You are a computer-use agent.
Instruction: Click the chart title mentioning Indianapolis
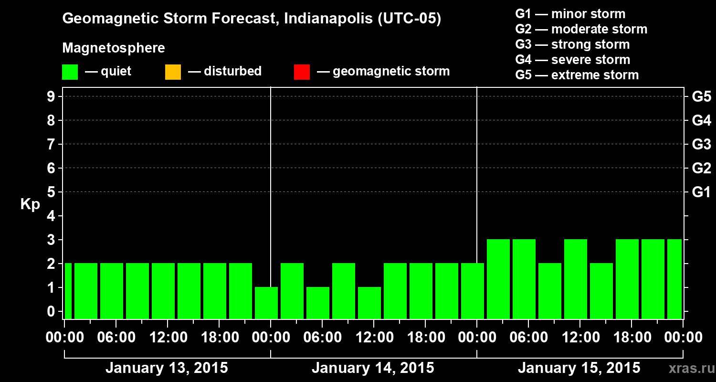pyautogui.click(x=252, y=19)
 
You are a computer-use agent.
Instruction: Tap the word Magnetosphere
pyautogui.click(x=114, y=48)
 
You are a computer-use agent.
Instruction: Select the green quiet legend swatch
pyautogui.click(x=70, y=72)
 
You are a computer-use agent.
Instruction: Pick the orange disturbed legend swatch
pyautogui.click(x=173, y=72)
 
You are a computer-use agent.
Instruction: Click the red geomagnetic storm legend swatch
pyautogui.click(x=302, y=72)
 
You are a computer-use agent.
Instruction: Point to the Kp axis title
pyautogui.click(x=30, y=204)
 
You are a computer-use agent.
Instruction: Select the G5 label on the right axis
pyautogui.click(x=701, y=96)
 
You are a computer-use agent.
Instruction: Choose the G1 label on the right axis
pyautogui.click(x=701, y=192)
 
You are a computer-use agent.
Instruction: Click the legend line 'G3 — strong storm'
pyautogui.click(x=572, y=44)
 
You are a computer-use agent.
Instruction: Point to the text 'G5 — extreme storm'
pyautogui.click(x=577, y=75)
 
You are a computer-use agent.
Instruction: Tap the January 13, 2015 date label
pyautogui.click(x=167, y=368)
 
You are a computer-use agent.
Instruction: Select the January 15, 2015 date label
pyautogui.click(x=579, y=368)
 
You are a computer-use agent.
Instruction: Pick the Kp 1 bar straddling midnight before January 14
pyautogui.click(x=266, y=303)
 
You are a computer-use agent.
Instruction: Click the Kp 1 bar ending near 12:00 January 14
pyautogui.click(x=369, y=303)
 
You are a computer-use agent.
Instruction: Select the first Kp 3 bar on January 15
pyautogui.click(x=498, y=279)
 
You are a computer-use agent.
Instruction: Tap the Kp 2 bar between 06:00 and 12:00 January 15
pyautogui.click(x=550, y=291)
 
